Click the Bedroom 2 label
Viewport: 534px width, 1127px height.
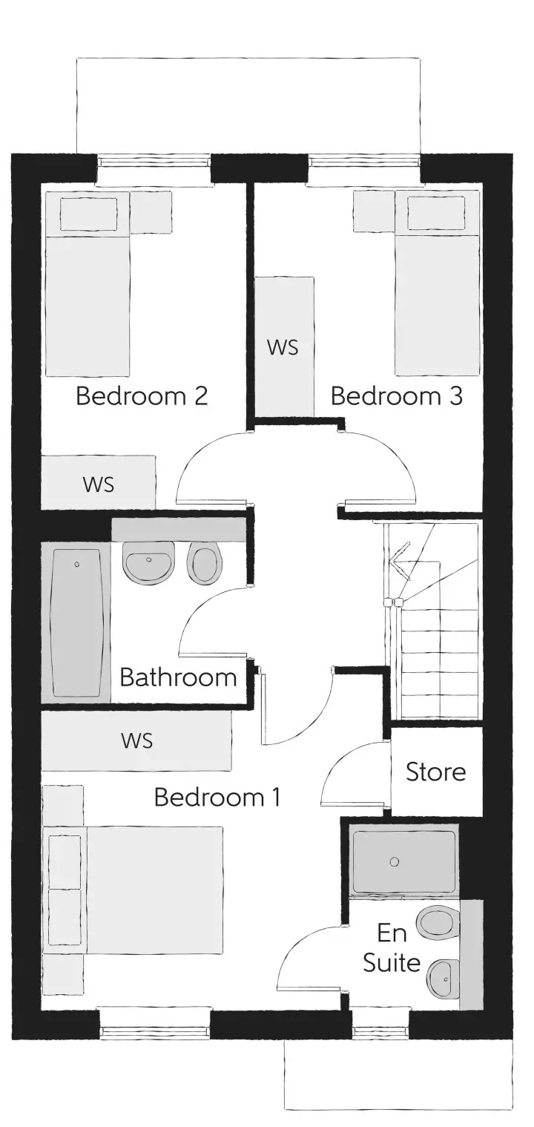(x=142, y=396)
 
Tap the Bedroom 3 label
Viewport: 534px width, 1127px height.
(x=397, y=396)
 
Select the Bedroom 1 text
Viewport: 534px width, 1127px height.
(x=217, y=797)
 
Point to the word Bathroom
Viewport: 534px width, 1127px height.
(x=179, y=677)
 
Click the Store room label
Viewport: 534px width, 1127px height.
(x=436, y=772)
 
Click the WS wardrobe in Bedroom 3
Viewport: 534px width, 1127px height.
(x=284, y=346)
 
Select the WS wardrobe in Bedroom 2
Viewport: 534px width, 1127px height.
(x=98, y=483)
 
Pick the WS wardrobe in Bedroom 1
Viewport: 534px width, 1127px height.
(x=136, y=740)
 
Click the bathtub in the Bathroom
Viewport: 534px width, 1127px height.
(x=77, y=623)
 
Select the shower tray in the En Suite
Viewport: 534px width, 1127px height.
(x=403, y=862)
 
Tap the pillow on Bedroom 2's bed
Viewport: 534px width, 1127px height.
(x=89, y=214)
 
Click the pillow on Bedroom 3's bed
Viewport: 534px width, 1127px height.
(x=436, y=214)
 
